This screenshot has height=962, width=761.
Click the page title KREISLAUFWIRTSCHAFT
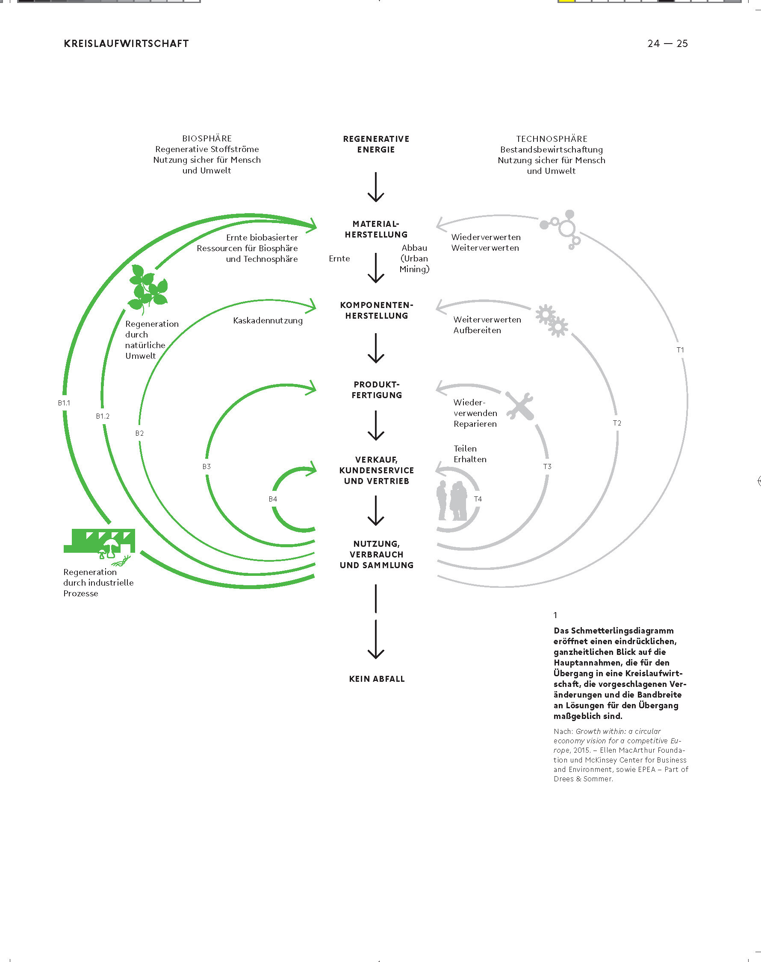click(x=126, y=44)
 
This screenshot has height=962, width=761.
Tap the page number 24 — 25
click(x=667, y=44)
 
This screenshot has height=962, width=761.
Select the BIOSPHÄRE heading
click(x=207, y=138)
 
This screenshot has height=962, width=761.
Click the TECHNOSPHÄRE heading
click(x=552, y=139)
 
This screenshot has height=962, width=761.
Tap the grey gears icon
click(x=552, y=320)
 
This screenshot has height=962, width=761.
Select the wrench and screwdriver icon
click(x=519, y=405)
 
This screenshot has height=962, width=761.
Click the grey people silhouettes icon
click(x=452, y=500)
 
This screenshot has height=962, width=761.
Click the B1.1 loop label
click(x=64, y=403)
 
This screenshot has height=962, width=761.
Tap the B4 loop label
click(x=273, y=499)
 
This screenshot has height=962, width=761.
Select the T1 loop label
click(x=680, y=350)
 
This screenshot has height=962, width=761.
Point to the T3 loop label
click(x=547, y=466)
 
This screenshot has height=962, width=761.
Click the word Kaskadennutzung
click(x=268, y=320)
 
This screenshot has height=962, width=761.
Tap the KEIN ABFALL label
click(x=377, y=679)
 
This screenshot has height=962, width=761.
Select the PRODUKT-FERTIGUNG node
click(x=377, y=390)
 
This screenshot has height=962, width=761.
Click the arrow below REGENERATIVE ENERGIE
click(x=376, y=188)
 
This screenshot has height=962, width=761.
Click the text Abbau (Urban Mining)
click(x=414, y=258)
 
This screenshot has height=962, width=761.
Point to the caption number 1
click(x=556, y=615)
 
